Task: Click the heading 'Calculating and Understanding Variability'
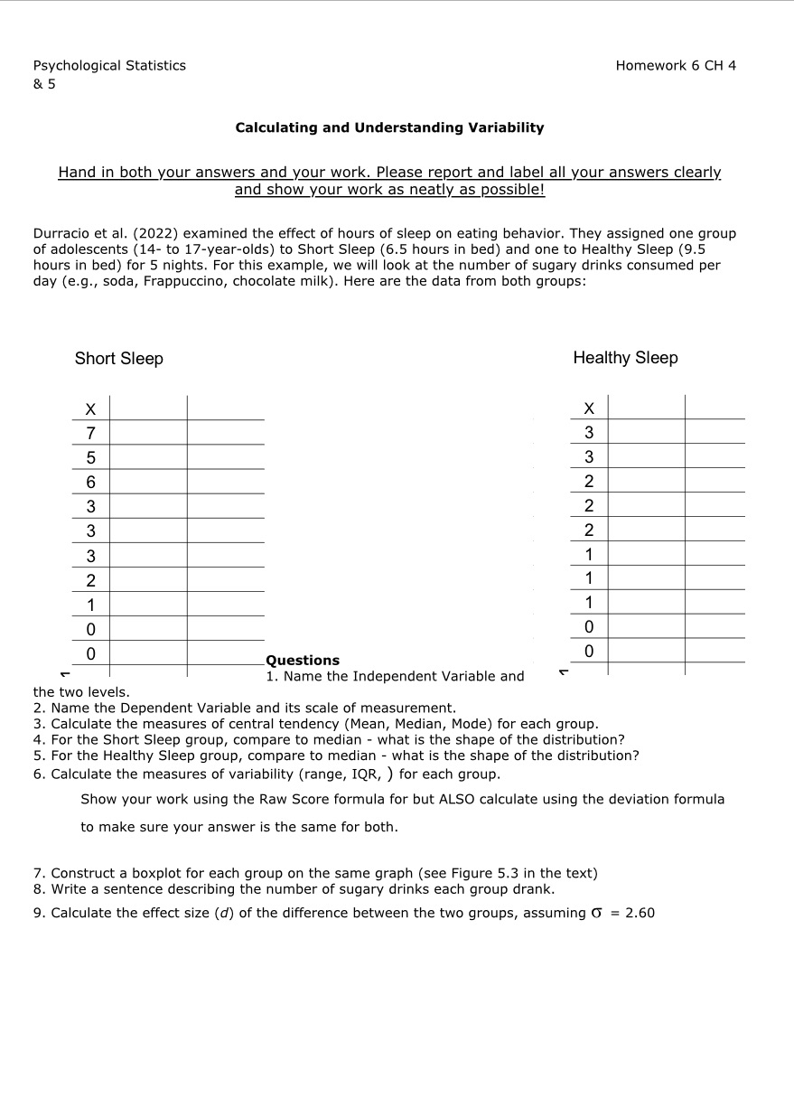[389, 127]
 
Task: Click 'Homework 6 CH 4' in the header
[675, 65]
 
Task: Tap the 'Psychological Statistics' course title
[109, 65]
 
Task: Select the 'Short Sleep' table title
[119, 359]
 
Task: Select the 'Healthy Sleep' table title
[625, 358]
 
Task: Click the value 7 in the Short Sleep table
[91, 432]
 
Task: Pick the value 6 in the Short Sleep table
[91, 482]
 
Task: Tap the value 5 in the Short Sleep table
[91, 457]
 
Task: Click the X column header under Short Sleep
[91, 408]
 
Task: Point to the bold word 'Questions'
[303, 661]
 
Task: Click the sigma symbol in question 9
[595, 913]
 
